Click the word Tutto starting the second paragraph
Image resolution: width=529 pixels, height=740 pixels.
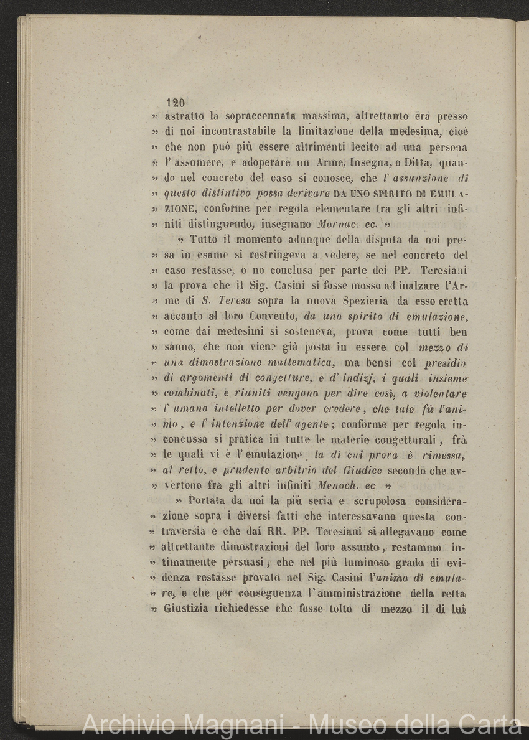(205, 240)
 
